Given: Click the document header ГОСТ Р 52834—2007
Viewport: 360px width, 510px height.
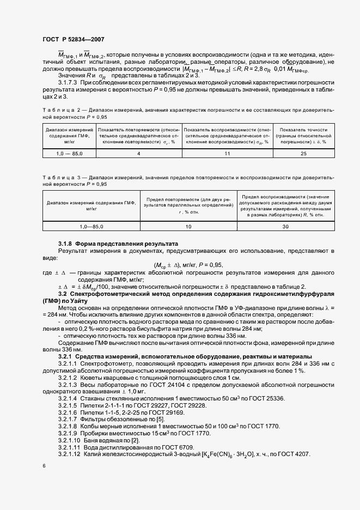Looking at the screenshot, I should [73, 39].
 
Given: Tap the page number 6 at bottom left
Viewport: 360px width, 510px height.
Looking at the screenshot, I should [44, 466].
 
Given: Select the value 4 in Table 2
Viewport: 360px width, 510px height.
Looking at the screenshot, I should [138, 154].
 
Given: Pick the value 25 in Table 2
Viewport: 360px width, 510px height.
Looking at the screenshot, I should [303, 154].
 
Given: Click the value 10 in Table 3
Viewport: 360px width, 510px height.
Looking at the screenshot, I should [188, 225].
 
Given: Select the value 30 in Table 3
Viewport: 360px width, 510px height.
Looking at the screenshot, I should [285, 225].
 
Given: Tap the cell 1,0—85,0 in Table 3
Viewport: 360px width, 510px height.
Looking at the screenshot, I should [91, 225].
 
